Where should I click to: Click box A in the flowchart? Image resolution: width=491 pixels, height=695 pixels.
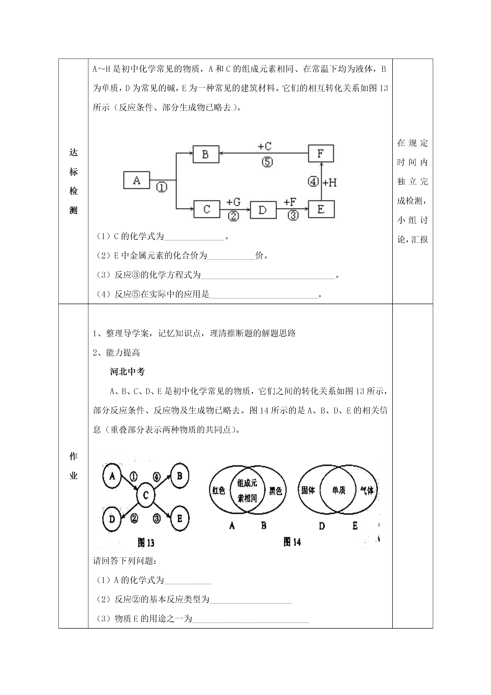(136, 180)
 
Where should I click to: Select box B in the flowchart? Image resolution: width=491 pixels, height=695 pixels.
(206, 154)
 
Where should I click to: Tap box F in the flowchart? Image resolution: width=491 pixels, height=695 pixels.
(321, 154)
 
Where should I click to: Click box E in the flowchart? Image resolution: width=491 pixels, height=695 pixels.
(321, 209)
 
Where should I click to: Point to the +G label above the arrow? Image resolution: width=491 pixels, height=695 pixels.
(233, 202)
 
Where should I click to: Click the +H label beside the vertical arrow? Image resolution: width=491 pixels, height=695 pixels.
(330, 183)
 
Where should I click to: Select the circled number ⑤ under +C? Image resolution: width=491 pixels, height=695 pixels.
(267, 162)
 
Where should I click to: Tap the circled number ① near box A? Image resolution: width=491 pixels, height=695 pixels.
(162, 188)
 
